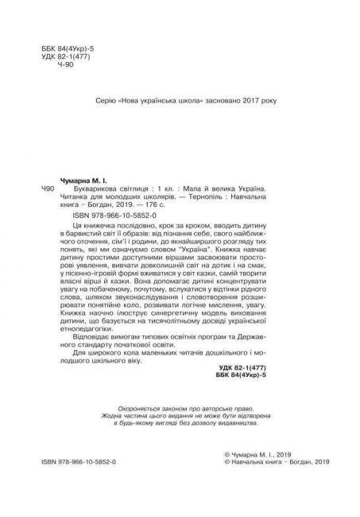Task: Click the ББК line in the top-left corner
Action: [70, 49]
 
